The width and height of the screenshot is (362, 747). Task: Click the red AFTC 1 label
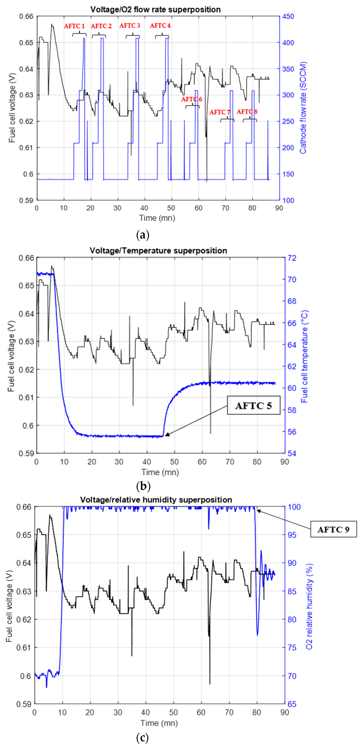coord(74,26)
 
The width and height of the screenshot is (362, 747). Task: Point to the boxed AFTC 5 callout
coord(253,405)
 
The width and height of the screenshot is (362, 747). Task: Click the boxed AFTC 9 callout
coord(333,529)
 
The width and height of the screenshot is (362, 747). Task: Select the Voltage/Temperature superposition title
coord(158,251)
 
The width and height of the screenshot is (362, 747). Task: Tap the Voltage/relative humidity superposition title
coord(156,500)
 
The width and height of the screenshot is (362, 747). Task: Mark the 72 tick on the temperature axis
coord(292,258)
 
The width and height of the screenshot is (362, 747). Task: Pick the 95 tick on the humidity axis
coord(292,535)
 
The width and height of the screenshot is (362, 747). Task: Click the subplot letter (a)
coord(143,235)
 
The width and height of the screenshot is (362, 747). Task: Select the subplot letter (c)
coord(142,737)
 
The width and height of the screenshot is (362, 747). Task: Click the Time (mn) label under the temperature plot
coord(160,472)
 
